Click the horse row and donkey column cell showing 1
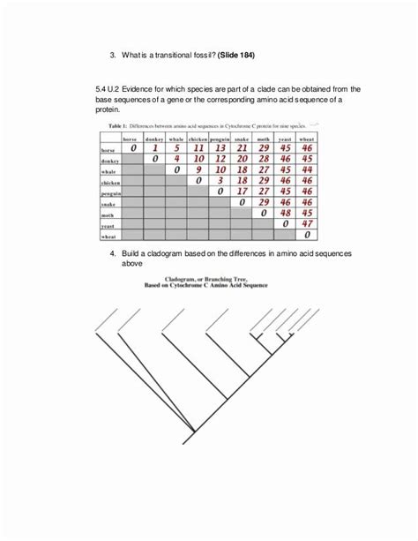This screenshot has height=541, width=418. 155,149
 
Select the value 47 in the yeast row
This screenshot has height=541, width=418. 307,224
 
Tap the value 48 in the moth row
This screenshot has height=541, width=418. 285,213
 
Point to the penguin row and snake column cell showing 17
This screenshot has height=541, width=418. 241,192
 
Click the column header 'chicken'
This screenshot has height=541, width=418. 198,139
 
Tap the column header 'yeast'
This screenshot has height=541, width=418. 285,139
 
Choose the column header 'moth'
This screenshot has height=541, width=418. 263,139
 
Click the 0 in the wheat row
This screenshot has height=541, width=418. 307,236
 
